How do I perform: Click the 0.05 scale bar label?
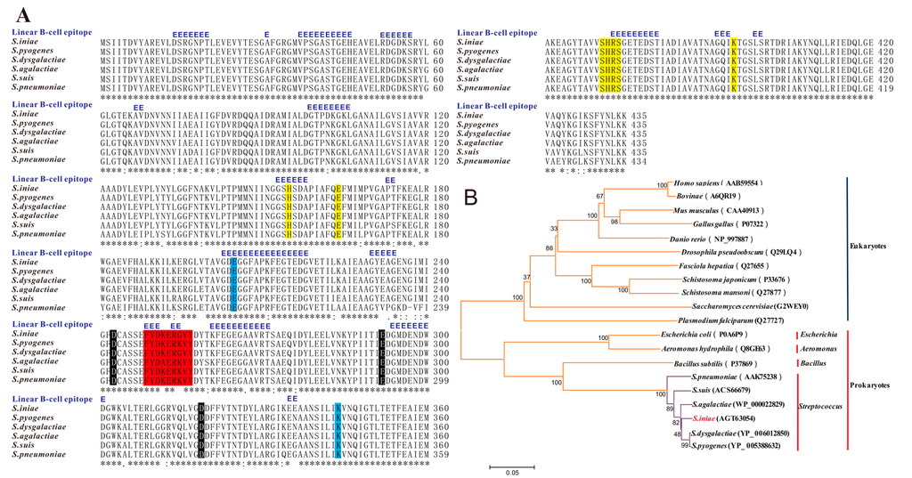(x=511, y=473)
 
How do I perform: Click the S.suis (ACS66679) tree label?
(x=727, y=390)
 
